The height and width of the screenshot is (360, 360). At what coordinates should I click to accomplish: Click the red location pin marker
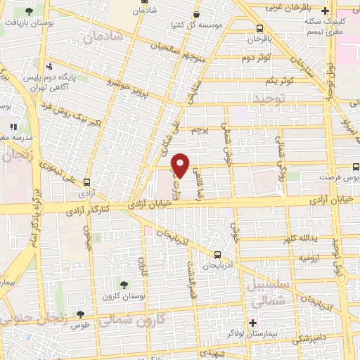[181, 165]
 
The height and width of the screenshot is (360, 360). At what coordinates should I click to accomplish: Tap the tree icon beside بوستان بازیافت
[29, 12]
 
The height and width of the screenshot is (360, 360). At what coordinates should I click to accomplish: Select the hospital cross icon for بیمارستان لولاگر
[252, 323]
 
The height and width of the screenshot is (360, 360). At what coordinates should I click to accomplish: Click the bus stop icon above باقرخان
[260, 29]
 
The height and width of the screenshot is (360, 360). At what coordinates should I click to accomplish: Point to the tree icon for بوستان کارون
[124, 285]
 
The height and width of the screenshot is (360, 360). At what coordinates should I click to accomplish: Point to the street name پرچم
[201, 131]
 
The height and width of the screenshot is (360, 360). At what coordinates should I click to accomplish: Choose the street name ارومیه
[311, 259]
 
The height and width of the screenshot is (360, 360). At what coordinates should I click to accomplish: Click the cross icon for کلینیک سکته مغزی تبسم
[324, 11]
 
